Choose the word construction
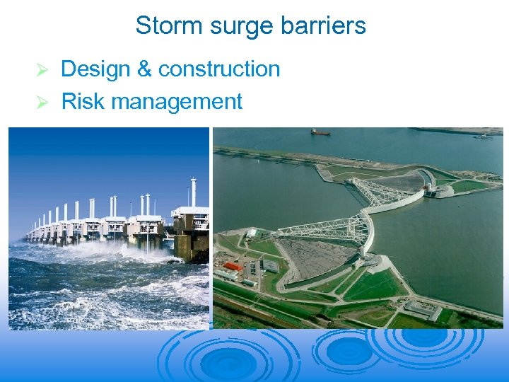click(x=219, y=69)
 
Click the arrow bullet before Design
click(x=42, y=70)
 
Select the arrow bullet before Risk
click(x=42, y=103)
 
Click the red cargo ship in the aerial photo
click(x=320, y=132)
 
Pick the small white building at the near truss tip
click(x=252, y=233)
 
